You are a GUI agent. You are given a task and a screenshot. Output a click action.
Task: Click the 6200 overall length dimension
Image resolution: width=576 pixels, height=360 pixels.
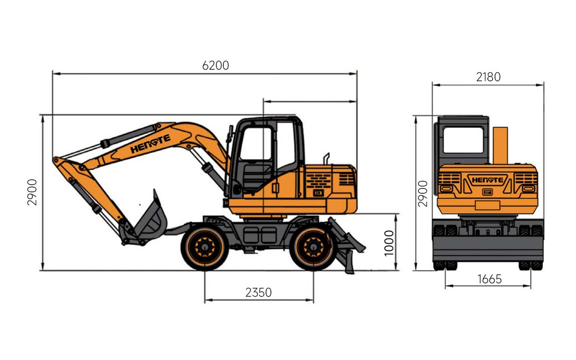click(216, 66)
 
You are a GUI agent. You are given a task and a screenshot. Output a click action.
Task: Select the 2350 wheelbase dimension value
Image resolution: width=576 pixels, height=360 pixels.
click(258, 292)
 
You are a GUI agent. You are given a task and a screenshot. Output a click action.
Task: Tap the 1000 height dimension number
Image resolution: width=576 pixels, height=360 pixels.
click(389, 243)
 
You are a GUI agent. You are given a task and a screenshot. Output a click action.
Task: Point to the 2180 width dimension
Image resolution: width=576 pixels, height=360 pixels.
click(488, 77)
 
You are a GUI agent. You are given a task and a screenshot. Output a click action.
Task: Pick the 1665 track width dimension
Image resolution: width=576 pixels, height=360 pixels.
click(490, 279)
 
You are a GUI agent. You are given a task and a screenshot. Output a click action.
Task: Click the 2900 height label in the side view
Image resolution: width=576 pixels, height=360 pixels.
click(32, 192)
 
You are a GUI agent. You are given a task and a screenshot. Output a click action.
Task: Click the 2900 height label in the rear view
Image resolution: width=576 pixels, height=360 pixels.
click(423, 193)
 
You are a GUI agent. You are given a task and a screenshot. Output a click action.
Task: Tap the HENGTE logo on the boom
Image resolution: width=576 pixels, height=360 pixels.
click(150, 144)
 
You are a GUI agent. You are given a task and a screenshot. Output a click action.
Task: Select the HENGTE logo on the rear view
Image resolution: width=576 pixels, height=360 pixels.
click(487, 180)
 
